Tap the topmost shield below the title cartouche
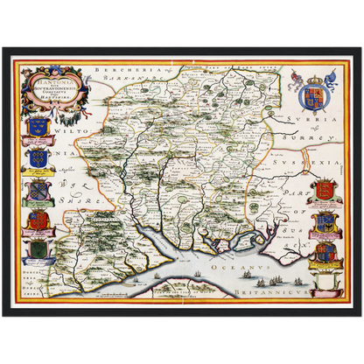pos(37,129)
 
